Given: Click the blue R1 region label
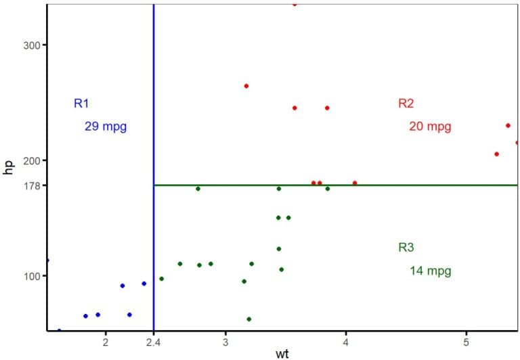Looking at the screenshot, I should pyautogui.click(x=81, y=104).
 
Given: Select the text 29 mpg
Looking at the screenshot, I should pyautogui.click(x=106, y=126).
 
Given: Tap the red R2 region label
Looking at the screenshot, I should pyautogui.click(x=406, y=104).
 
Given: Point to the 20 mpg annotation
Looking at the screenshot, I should pyautogui.click(x=430, y=127).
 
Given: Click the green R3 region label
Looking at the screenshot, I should pyautogui.click(x=406, y=248).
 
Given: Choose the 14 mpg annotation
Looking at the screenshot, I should pyautogui.click(x=430, y=271).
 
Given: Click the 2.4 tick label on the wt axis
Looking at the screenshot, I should pyautogui.click(x=154, y=342).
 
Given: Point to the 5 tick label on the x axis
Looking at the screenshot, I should pyautogui.click(x=467, y=342).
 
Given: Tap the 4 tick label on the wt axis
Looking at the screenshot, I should pyautogui.click(x=346, y=342).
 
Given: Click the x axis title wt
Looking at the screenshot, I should pyautogui.click(x=282, y=354).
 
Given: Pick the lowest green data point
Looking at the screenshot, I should pyautogui.click(x=248, y=319).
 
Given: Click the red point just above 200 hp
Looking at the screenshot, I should pyautogui.click(x=496, y=154).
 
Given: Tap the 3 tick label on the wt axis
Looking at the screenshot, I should pyautogui.click(x=226, y=342).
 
